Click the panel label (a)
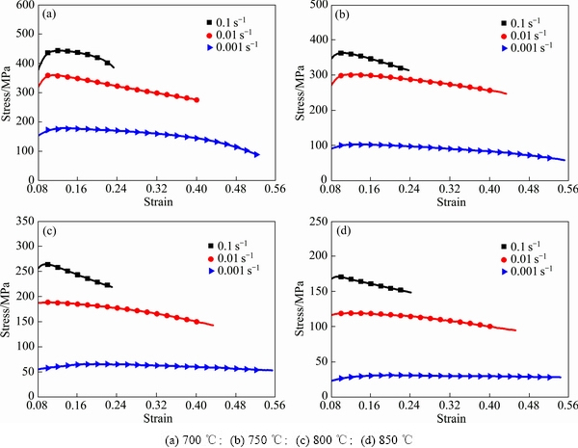point(48,16)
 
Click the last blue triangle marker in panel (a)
point(257,154)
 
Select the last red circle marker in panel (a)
point(197,99)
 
